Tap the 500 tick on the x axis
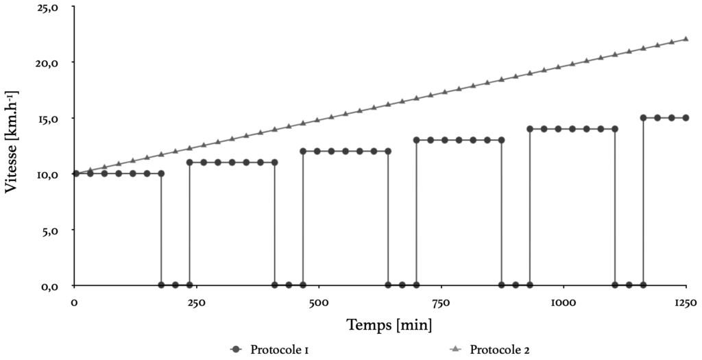pos(319,302)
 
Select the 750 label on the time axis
pos(441,302)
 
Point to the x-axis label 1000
pos(562,302)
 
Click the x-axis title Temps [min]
pos(389,323)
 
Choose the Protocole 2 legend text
pos(500,350)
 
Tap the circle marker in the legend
pos(237,350)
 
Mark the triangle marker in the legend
pos(454,350)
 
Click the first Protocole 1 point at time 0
pos(75,173)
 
